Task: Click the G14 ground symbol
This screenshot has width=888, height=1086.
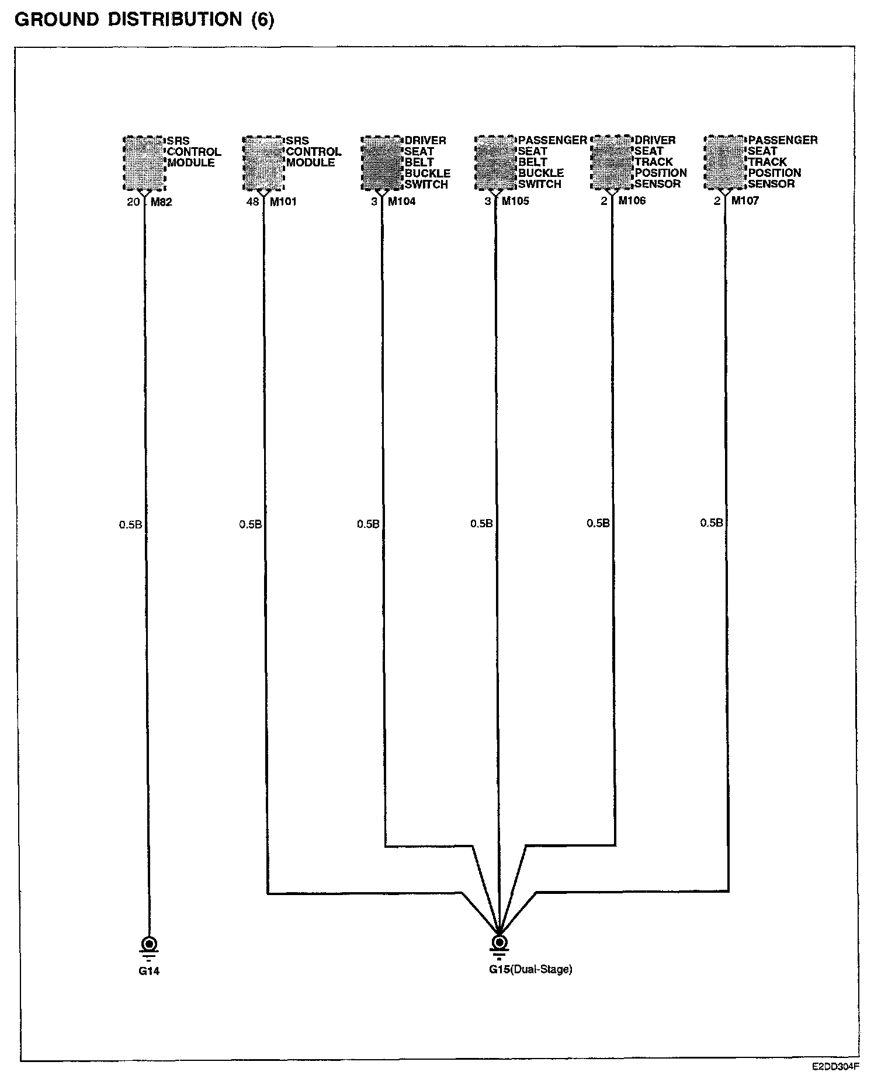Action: tap(149, 945)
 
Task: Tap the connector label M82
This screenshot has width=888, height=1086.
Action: tap(161, 203)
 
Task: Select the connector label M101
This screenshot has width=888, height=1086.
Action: tap(283, 202)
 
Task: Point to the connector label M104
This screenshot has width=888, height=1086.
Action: tap(402, 202)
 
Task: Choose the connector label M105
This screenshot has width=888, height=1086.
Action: tap(515, 202)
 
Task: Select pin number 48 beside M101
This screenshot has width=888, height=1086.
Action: tap(252, 202)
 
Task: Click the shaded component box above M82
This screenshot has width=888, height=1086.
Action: tap(144, 163)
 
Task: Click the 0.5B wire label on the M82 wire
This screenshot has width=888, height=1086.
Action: tap(130, 525)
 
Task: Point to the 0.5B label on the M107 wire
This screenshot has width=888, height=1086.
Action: tap(711, 523)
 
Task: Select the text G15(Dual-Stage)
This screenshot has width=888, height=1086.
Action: tap(530, 969)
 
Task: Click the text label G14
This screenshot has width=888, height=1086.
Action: tap(149, 972)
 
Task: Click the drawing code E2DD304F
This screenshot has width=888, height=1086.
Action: tap(835, 1067)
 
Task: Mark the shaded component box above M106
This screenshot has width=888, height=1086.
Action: tap(612, 162)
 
